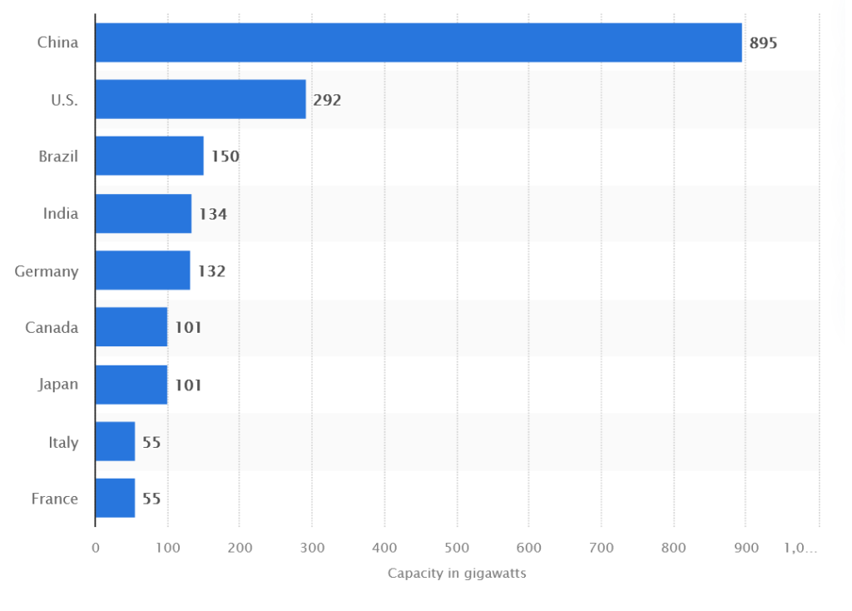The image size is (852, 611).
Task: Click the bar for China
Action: click(x=419, y=42)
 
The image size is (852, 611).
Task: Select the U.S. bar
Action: click(x=201, y=100)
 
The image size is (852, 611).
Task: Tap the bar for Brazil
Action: click(x=150, y=156)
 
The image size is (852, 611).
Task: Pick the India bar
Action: click(x=143, y=214)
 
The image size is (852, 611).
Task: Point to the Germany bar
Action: click(x=142, y=271)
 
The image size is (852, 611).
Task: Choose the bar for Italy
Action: click(x=115, y=441)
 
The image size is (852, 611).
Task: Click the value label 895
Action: click(x=763, y=43)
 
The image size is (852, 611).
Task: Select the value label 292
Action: click(x=327, y=100)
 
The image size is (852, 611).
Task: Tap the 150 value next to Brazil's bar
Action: click(x=225, y=156)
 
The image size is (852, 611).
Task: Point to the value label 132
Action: click(x=211, y=271)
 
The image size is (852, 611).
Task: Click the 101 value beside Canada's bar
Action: click(x=188, y=328)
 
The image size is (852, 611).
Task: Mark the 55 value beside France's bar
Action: click(x=151, y=499)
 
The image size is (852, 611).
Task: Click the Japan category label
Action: click(x=58, y=385)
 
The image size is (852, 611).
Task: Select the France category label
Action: click(x=55, y=499)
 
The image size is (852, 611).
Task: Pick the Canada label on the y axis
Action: click(x=52, y=328)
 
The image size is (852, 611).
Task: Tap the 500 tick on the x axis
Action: click(x=457, y=548)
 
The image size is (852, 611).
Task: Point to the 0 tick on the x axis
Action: click(x=96, y=548)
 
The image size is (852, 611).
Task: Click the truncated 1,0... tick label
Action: click(x=800, y=548)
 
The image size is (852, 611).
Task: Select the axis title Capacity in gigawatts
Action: click(x=457, y=574)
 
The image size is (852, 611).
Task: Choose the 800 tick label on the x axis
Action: click(x=674, y=548)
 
